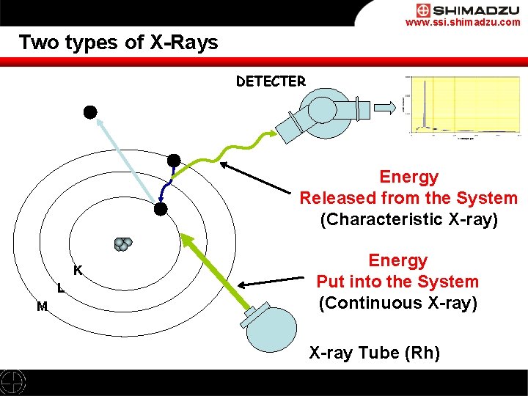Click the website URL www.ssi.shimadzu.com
click(463, 23)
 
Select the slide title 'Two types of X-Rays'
click(119, 42)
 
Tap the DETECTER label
click(271, 81)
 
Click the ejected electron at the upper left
click(89, 112)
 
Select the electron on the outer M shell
click(174, 161)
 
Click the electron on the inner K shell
click(161, 209)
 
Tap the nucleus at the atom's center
click(122, 244)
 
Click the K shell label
click(77, 271)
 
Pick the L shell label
click(60, 288)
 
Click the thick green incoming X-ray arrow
click(216, 272)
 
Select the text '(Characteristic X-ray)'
click(408, 219)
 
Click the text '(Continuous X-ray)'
click(397, 303)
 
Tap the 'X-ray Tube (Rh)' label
click(374, 353)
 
